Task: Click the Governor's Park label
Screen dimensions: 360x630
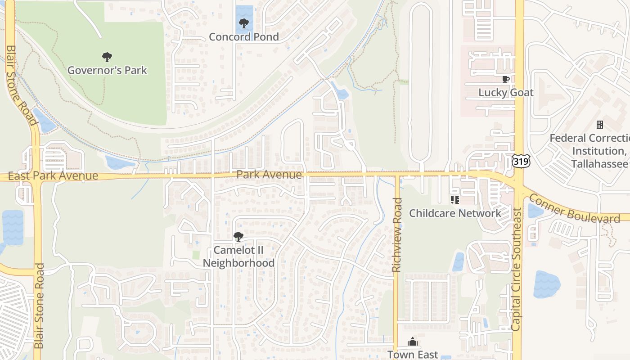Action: coord(107,70)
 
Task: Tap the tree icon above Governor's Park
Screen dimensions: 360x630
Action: coord(107,57)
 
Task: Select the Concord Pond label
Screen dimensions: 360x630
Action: coord(244,37)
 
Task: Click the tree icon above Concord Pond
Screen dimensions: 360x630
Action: coord(244,23)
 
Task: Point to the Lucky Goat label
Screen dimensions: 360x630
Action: coord(506,93)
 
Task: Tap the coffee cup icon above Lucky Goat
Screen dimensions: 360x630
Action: coord(506,80)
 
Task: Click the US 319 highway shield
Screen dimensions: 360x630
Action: coord(521,161)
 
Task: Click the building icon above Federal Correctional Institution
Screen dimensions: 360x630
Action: coord(599,125)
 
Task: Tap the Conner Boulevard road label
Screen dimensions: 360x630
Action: coord(574,208)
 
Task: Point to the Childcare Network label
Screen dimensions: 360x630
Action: coord(454,213)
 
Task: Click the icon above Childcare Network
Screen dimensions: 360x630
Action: coord(454,199)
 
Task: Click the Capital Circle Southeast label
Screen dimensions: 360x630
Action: coord(516,269)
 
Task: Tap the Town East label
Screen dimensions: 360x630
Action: coord(413,355)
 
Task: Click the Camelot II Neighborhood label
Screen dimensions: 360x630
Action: coord(238,256)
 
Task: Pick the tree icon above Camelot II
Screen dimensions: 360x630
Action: coord(238,236)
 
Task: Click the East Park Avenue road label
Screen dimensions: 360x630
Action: coord(53,176)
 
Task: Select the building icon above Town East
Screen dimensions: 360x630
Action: coord(413,342)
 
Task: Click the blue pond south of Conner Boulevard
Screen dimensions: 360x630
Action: coord(546,284)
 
